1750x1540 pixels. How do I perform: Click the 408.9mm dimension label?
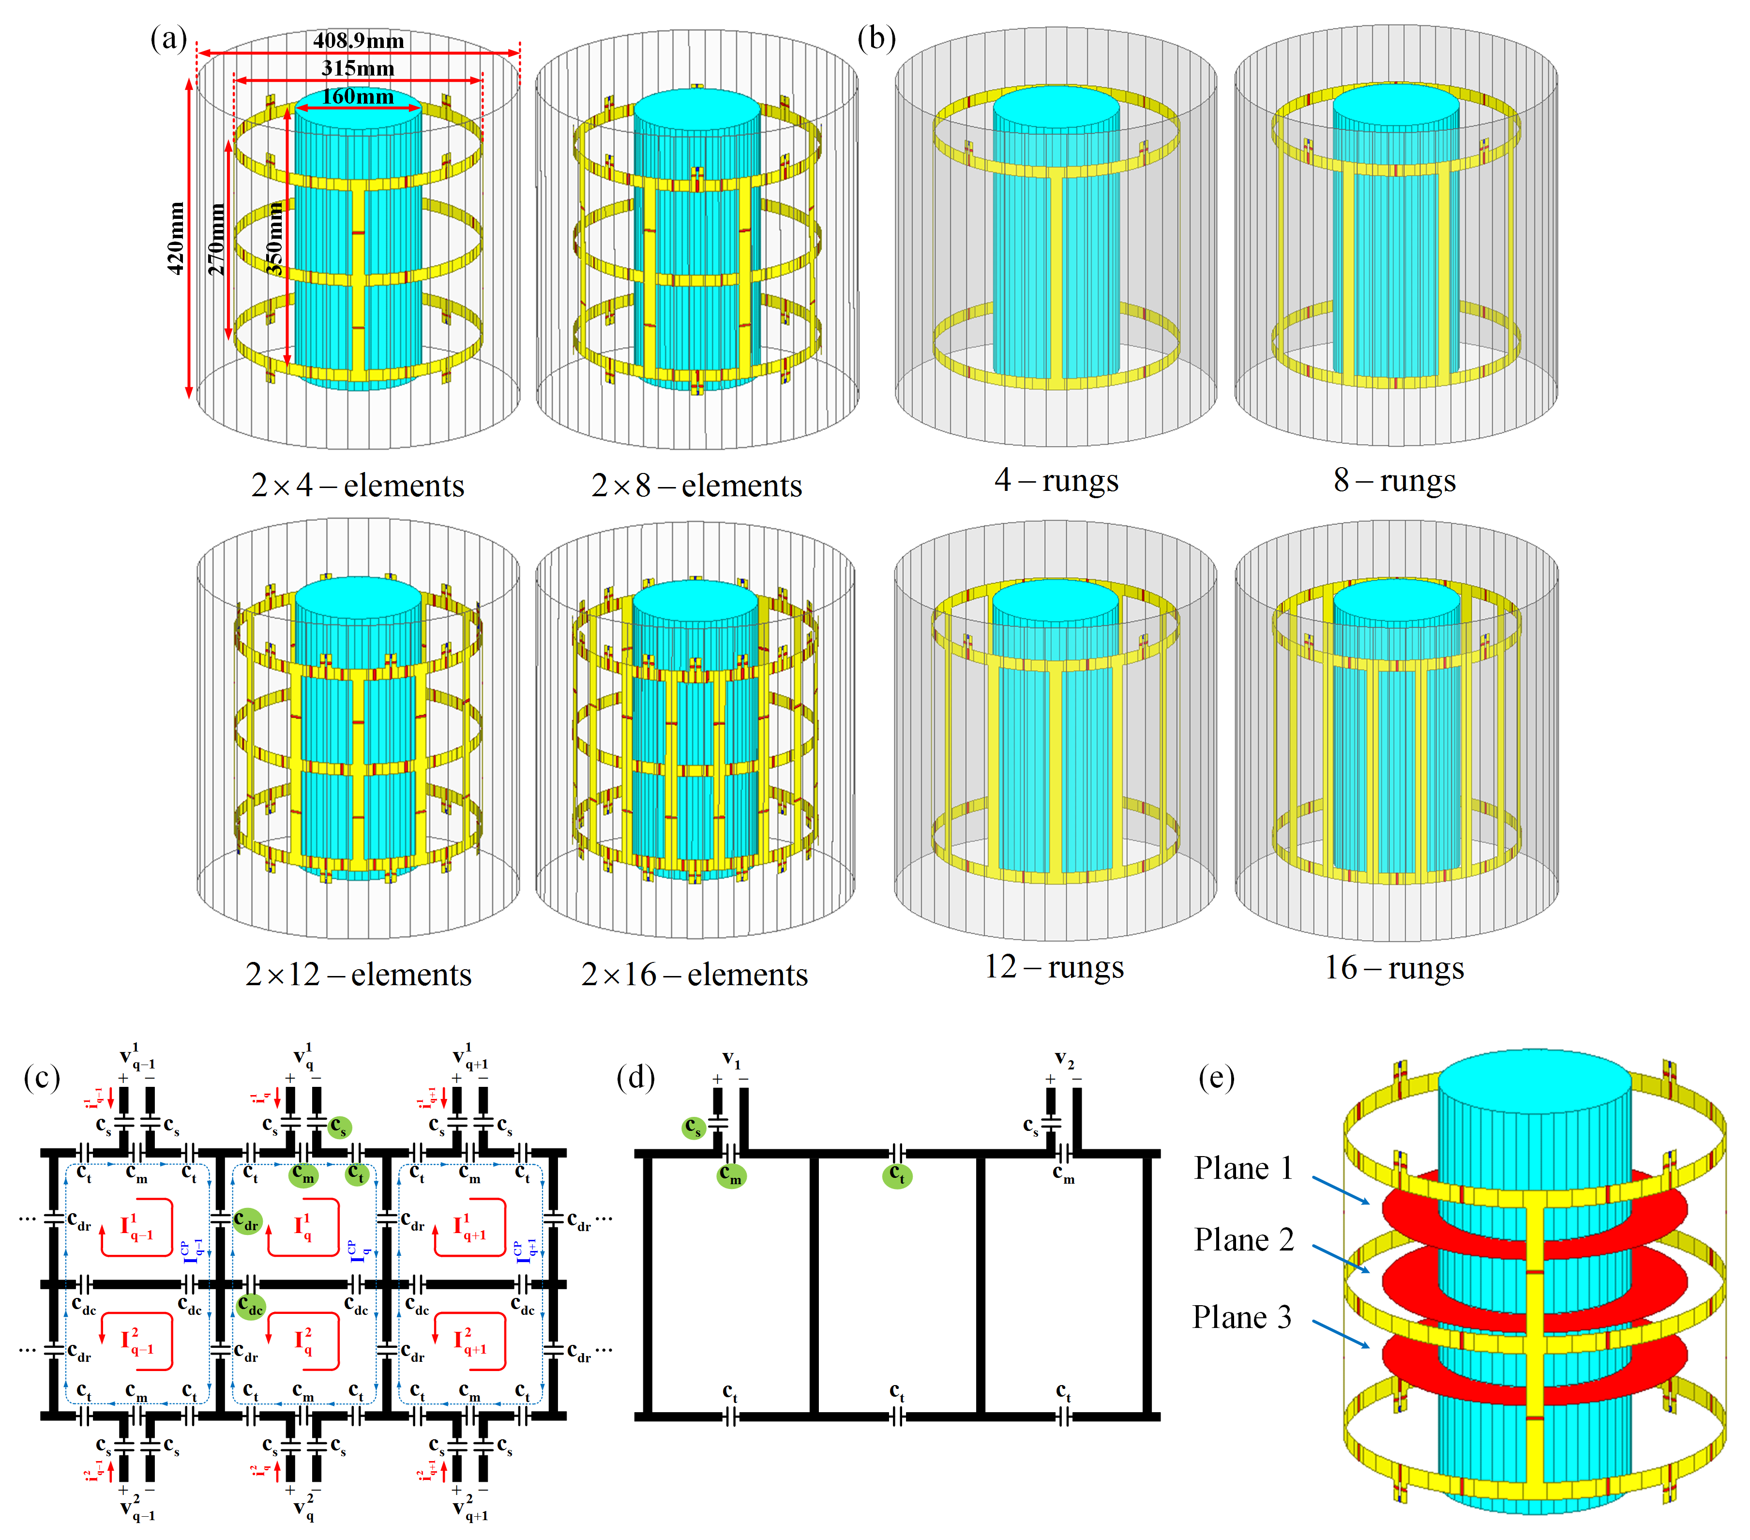(x=358, y=40)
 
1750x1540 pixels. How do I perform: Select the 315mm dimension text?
(x=358, y=69)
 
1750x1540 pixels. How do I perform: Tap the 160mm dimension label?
(x=358, y=97)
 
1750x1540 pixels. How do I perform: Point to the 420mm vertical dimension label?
(x=176, y=238)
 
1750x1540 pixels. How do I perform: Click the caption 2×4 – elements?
(x=358, y=486)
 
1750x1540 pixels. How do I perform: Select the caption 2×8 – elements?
(x=696, y=486)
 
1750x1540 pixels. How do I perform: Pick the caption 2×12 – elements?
(x=358, y=974)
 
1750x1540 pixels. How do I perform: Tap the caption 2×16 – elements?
(x=694, y=974)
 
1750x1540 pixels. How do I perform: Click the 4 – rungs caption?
(x=1056, y=481)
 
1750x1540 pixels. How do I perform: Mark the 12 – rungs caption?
(x=1054, y=967)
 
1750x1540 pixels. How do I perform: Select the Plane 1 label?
(x=1243, y=1168)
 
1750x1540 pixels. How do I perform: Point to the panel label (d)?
(x=635, y=1076)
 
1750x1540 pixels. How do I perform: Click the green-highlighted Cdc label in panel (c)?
(x=251, y=1307)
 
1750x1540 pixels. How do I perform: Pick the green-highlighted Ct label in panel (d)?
(x=896, y=1175)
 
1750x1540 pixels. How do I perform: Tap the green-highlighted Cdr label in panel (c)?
(x=247, y=1220)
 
